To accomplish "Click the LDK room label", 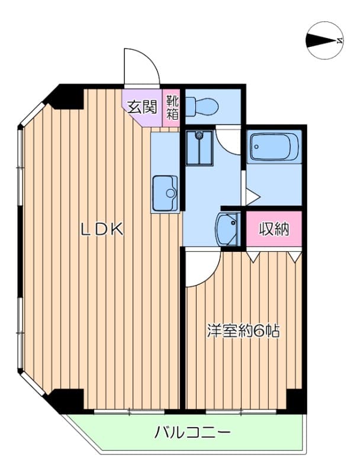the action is coord(102,229).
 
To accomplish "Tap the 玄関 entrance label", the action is coord(143,107).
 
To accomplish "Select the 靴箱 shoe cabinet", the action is coord(172,108).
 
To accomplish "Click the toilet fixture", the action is coord(201,106).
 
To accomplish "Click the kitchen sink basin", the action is coord(165,193).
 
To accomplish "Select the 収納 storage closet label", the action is coord(274,229).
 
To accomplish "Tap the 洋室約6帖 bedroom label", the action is coord(243,331).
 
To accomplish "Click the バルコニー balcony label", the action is coord(192,433).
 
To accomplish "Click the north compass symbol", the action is coord(325,40).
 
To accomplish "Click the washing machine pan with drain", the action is coord(199,148).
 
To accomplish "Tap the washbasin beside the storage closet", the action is coord(228,229).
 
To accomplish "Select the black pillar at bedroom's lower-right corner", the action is coord(295,401).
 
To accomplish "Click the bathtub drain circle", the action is coord(257,147).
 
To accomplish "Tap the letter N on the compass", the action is coord(340,40).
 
